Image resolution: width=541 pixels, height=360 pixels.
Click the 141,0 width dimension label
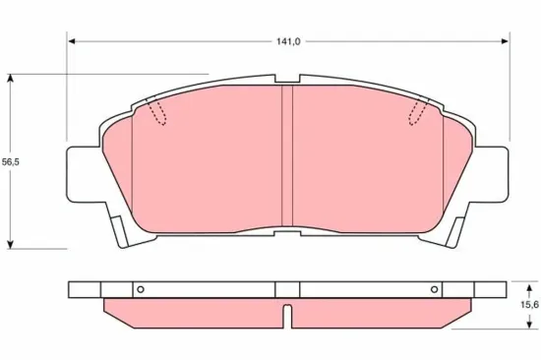(x=288, y=41)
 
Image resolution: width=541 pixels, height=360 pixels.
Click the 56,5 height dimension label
(x=11, y=162)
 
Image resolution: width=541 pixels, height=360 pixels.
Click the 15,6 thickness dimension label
(x=530, y=305)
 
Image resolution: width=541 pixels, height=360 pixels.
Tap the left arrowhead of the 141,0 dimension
(x=72, y=41)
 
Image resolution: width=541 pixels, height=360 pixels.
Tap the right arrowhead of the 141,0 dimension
(x=505, y=41)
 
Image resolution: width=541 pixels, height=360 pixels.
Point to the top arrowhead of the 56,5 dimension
(x=11, y=78)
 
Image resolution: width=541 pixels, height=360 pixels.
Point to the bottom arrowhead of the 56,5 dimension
(x=11, y=244)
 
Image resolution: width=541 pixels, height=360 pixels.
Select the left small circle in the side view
(x=140, y=289)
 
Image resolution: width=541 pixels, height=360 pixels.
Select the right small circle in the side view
(x=435, y=289)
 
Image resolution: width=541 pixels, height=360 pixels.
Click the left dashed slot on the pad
(x=156, y=111)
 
